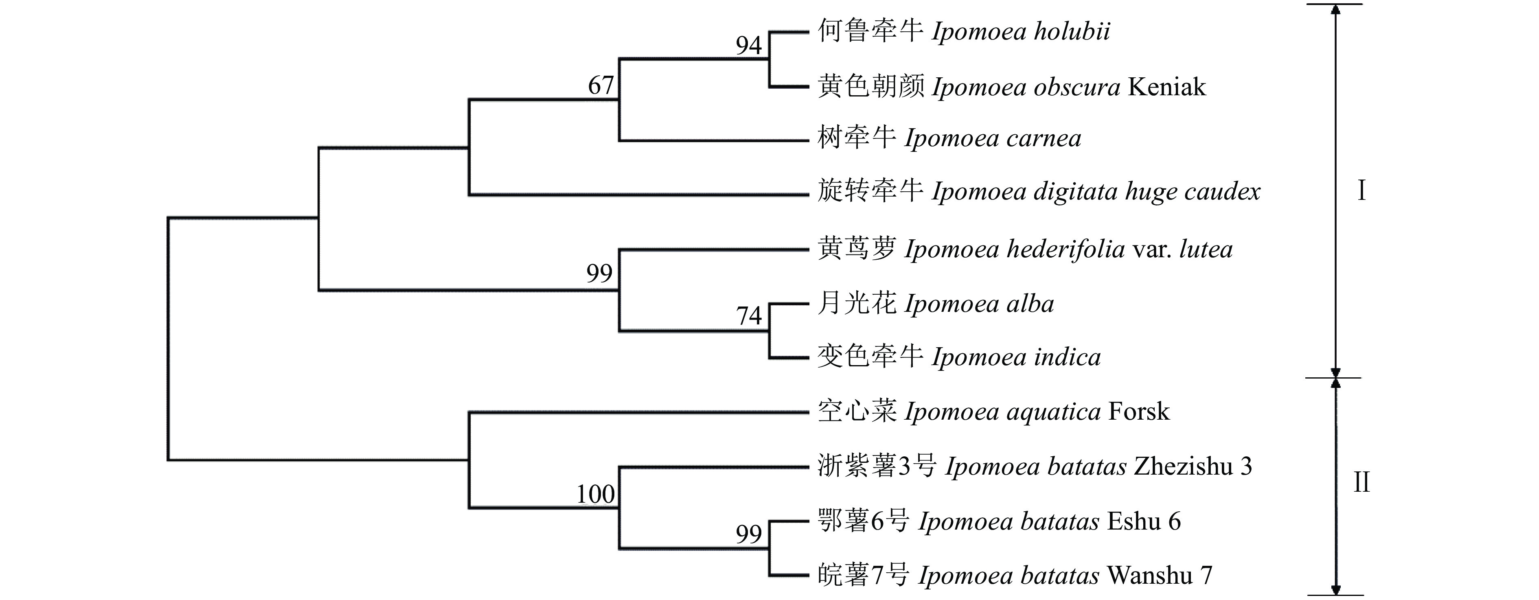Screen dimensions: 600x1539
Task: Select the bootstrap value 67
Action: point(601,85)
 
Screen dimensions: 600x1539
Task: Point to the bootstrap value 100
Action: point(595,494)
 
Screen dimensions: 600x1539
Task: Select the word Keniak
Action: point(1167,87)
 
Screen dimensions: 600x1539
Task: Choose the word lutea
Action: point(1206,249)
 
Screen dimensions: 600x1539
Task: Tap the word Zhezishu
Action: point(1183,466)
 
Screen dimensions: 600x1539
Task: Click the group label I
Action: point(1361,191)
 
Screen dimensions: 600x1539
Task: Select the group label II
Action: point(1361,482)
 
